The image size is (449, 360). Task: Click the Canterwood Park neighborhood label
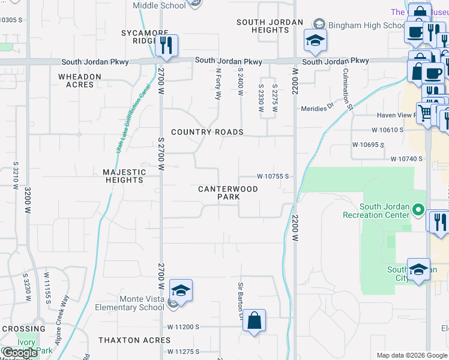(x=228, y=193)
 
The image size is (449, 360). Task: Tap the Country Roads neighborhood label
(x=207, y=132)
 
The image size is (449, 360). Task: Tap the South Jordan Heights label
(x=263, y=26)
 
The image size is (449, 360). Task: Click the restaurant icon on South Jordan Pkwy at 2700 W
(x=166, y=45)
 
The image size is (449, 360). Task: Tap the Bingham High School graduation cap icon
(x=315, y=40)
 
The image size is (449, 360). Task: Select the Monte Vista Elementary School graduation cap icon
(x=180, y=291)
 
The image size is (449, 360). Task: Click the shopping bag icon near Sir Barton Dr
(x=255, y=321)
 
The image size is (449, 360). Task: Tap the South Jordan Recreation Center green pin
(x=418, y=211)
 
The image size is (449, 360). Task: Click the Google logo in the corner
(x=20, y=353)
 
